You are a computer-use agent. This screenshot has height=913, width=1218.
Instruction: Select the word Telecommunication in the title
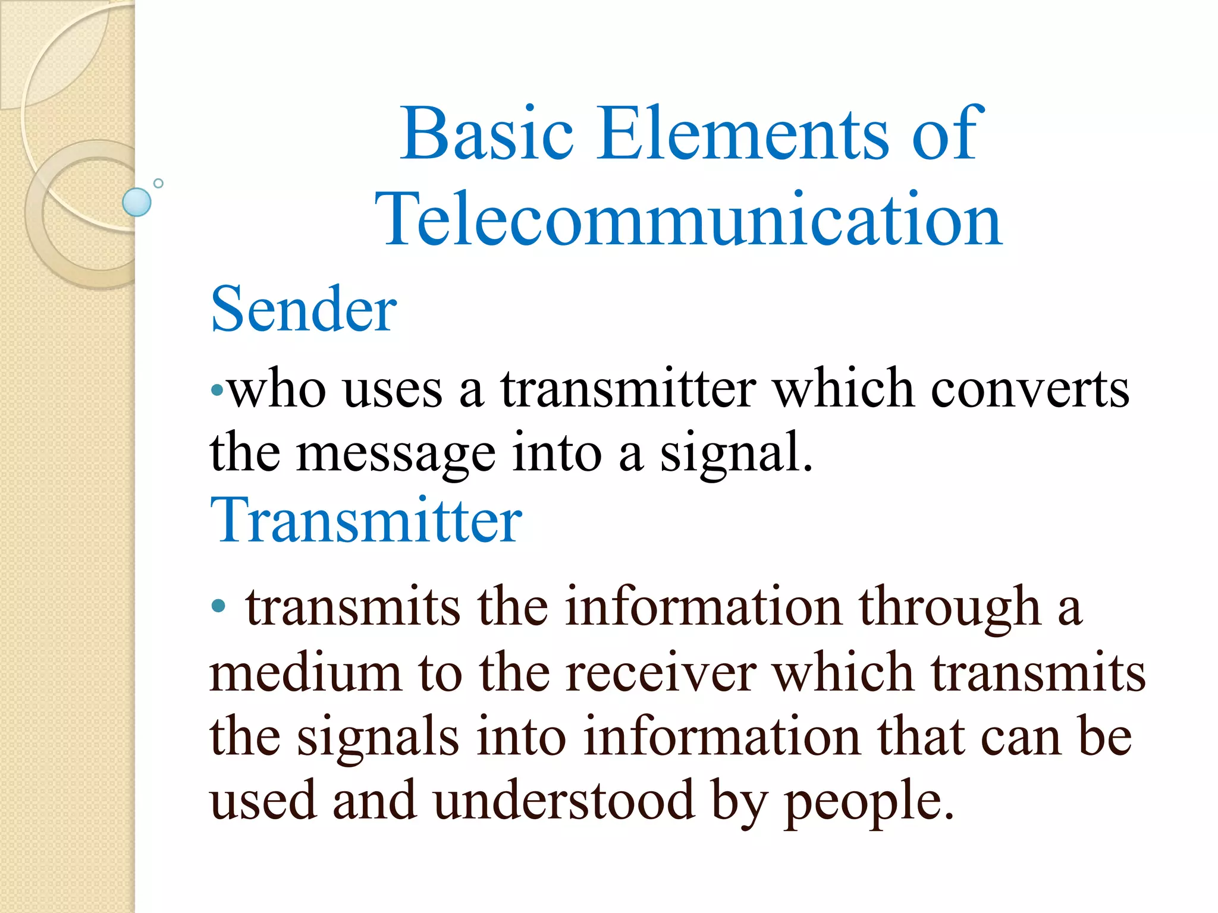click(x=689, y=220)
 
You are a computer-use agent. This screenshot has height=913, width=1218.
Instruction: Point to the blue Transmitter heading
click(x=366, y=521)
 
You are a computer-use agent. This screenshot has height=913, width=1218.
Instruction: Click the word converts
click(x=1029, y=389)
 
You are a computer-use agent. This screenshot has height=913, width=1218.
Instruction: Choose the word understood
click(x=564, y=800)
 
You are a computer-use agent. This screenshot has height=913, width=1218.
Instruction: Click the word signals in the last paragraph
click(x=378, y=737)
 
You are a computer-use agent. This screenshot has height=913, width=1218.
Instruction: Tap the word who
click(x=277, y=389)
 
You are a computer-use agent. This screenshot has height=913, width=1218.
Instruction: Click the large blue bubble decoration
click(x=137, y=202)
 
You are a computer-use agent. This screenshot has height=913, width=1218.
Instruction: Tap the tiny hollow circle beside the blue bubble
click(x=158, y=183)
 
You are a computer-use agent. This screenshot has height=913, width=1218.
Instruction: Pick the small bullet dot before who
click(x=218, y=391)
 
